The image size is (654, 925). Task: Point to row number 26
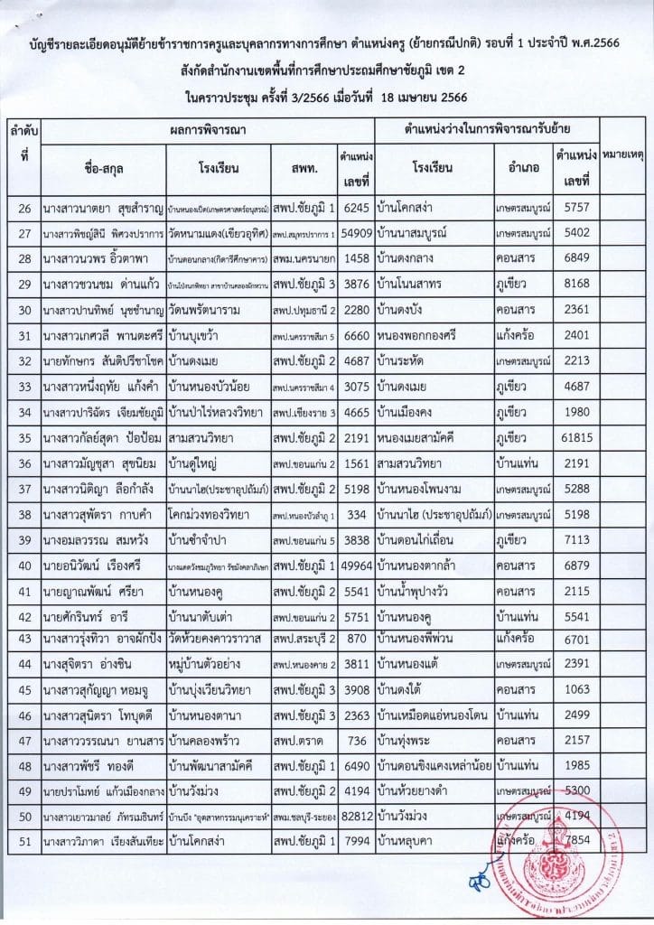coord(25,208)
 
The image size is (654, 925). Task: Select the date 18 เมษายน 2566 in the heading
coord(425,98)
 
